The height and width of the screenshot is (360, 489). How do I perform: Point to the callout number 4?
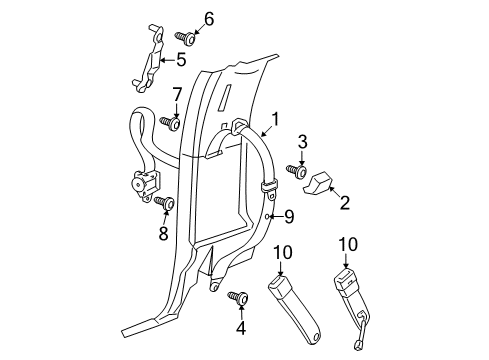coord(241,327)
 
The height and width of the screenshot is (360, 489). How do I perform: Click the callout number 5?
coord(181,60)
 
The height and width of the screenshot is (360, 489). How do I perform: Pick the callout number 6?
coord(209,17)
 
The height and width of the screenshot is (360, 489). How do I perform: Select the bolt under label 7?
coord(174,123)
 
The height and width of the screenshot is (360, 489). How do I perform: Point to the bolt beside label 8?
coord(165,203)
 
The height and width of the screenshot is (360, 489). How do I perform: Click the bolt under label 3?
coord(297,171)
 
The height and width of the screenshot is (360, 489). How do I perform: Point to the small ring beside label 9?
coord(270,215)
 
